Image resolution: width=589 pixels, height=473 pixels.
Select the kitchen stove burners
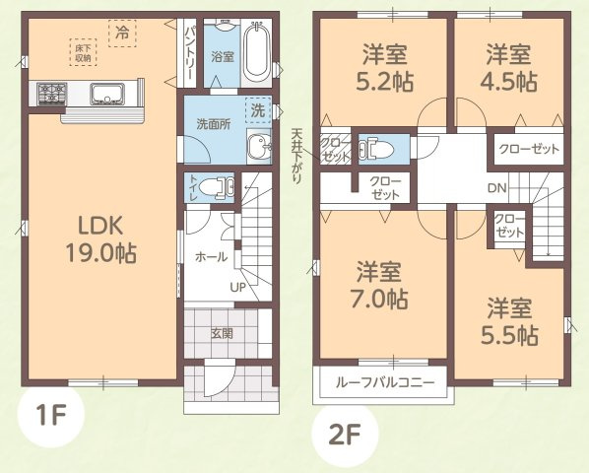pos(51,95)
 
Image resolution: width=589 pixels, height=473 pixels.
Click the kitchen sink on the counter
pos(105,95)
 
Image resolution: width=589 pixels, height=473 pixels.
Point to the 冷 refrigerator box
pos(123,32)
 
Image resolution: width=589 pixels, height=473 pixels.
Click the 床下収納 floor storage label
pos(81,53)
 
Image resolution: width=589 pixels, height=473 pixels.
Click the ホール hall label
pos(211,256)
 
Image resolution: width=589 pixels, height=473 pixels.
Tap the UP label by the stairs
pos(237,287)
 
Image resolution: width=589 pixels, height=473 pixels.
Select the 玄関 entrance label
pos(222,333)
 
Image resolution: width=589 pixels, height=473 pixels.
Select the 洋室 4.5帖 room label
pos(507,66)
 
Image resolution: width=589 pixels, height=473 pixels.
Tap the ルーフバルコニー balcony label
pos(378,383)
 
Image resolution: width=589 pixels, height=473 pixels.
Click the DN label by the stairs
pos(496,188)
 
